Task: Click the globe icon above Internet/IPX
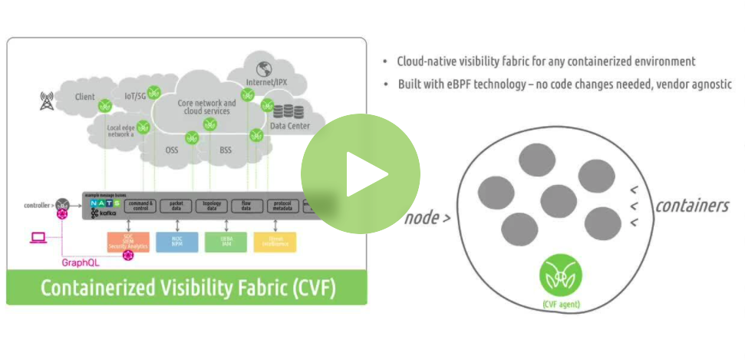pyautogui.click(x=265, y=67)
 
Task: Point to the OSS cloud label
pyautogui.click(x=172, y=150)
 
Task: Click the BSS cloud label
pyautogui.click(x=226, y=150)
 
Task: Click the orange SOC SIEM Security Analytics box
pyautogui.click(x=127, y=241)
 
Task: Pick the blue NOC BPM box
pyautogui.click(x=176, y=241)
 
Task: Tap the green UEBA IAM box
pyautogui.click(x=226, y=241)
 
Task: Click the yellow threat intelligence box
pyautogui.click(x=274, y=241)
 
